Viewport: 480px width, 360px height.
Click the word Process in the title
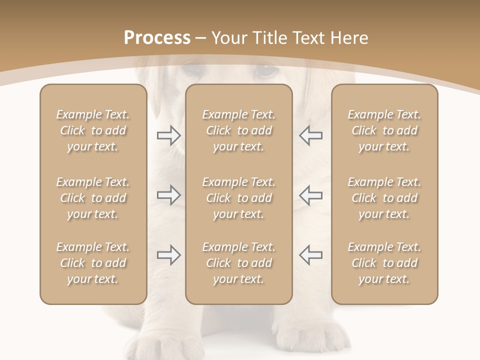click(157, 38)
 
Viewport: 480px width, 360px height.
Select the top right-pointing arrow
click(168, 135)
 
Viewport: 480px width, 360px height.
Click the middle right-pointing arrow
click(168, 195)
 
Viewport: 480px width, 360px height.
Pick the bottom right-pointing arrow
click(168, 255)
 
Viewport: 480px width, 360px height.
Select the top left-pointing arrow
click(310, 135)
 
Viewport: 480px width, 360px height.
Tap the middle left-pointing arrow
click(310, 195)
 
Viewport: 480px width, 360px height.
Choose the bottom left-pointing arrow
click(310, 255)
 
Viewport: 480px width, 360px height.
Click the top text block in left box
click(93, 130)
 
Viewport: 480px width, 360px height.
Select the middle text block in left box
click(93, 198)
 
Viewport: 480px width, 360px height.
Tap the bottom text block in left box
click(93, 263)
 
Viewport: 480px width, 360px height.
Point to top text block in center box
click(239, 130)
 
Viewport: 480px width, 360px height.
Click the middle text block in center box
click(239, 198)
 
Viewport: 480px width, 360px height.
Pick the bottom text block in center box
click(239, 263)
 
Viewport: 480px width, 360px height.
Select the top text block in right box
click(384, 130)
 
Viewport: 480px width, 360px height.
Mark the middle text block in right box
click(384, 198)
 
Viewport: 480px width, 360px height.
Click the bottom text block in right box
click(384, 263)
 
